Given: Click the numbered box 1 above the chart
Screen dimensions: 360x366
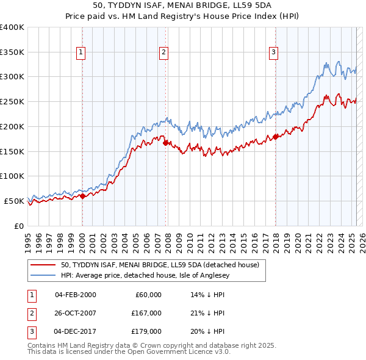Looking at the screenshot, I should pyautogui.click(x=81, y=53).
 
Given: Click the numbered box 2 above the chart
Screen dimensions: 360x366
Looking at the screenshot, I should pyautogui.click(x=164, y=53).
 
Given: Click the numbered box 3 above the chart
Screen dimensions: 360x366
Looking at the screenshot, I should pyautogui.click(x=274, y=53).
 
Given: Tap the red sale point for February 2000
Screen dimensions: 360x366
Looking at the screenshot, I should pyautogui.click(x=83, y=196).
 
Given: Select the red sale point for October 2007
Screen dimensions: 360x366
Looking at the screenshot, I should pyautogui.click(x=166, y=143).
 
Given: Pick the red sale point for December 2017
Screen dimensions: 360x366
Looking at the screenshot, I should pyautogui.click(x=275, y=137).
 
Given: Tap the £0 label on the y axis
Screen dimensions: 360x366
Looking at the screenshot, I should pyautogui.click(x=18, y=226).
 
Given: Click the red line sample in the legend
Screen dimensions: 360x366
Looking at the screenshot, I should pyautogui.click(x=43, y=265).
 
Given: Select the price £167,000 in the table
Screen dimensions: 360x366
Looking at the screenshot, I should pyautogui.click(x=146, y=313).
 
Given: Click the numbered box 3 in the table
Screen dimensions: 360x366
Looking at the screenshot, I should pyautogui.click(x=30, y=331).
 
